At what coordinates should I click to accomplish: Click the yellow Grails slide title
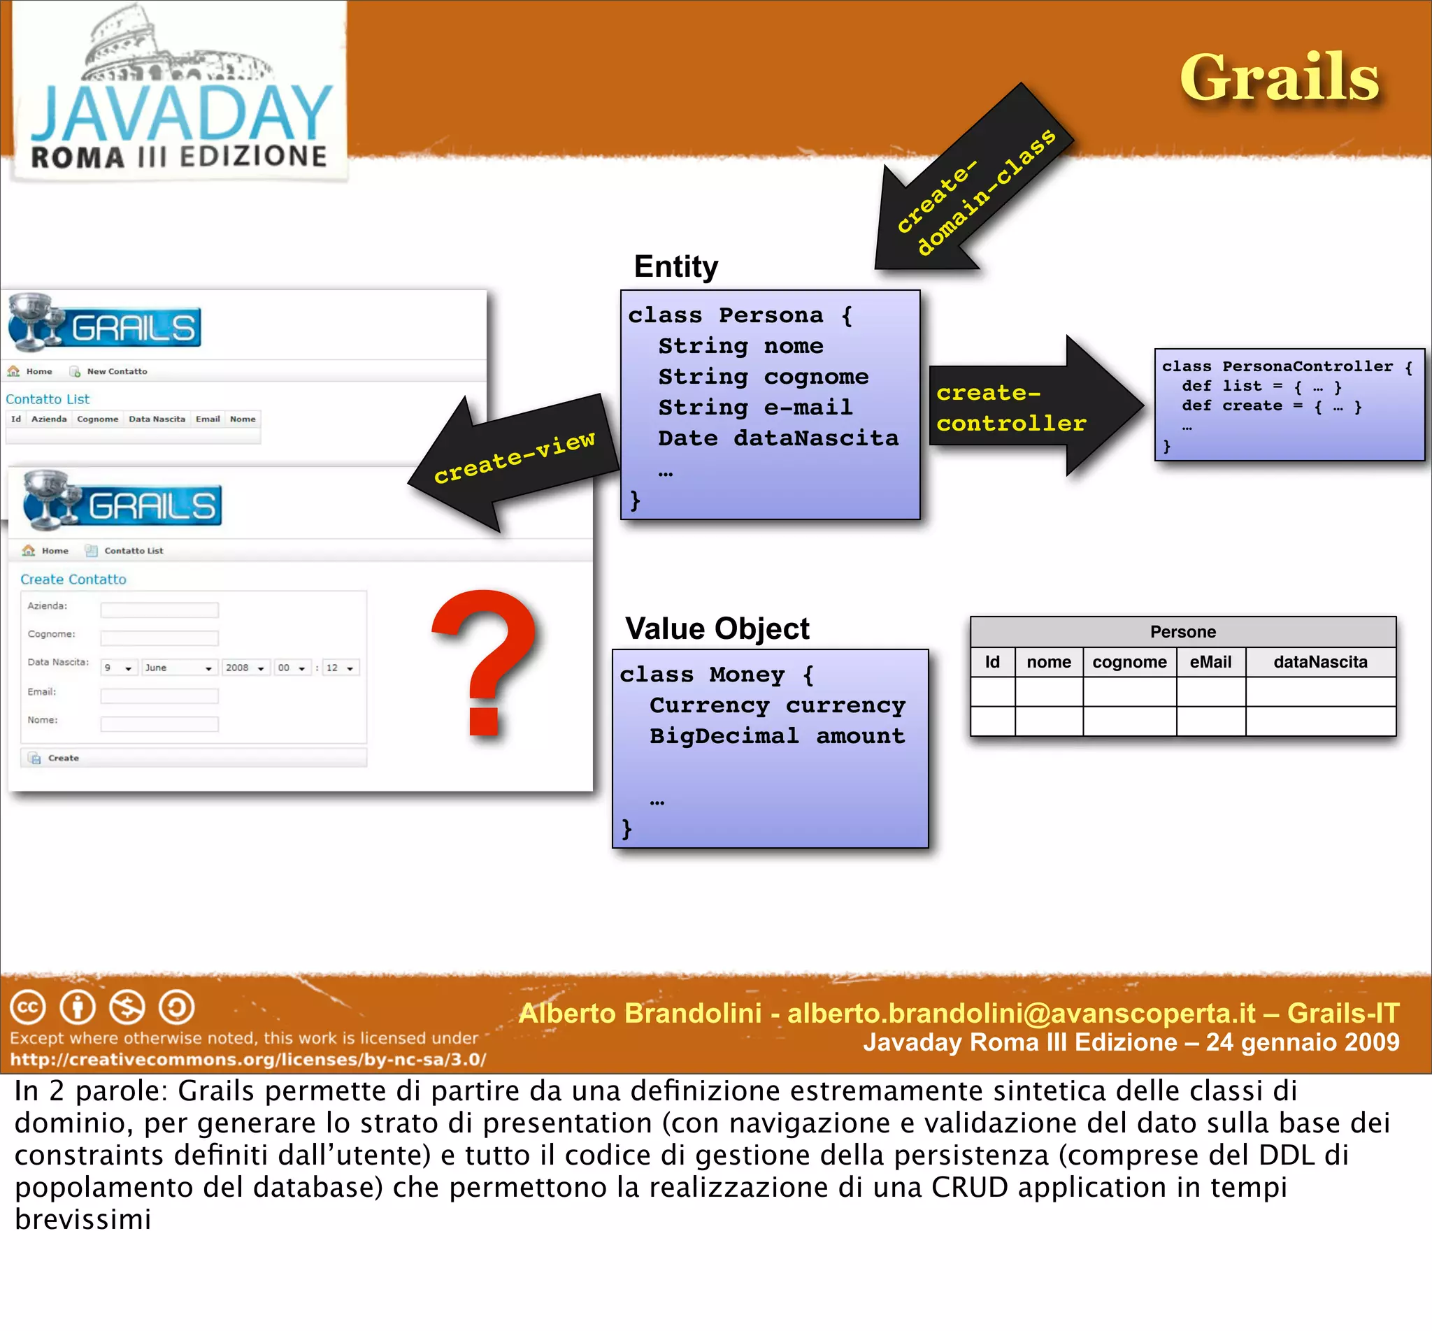pyautogui.click(x=1279, y=78)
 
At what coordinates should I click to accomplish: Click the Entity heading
pyautogui.click(x=675, y=266)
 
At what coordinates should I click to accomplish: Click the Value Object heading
pyautogui.click(x=717, y=628)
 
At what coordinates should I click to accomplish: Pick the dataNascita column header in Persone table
pyautogui.click(x=1319, y=662)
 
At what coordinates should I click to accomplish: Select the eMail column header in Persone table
pyautogui.click(x=1210, y=662)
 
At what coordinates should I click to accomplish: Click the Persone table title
pyautogui.click(x=1182, y=632)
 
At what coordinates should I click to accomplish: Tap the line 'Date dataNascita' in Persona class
pyautogui.click(x=778, y=438)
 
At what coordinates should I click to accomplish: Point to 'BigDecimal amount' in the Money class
pyautogui.click(x=777, y=735)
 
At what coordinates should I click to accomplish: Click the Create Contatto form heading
pyautogui.click(x=73, y=579)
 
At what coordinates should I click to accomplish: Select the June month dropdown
pyautogui.click(x=178, y=668)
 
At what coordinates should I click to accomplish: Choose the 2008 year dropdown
pyautogui.click(x=245, y=668)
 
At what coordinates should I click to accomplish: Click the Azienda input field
pyautogui.click(x=159, y=610)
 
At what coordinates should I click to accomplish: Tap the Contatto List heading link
pyautogui.click(x=48, y=399)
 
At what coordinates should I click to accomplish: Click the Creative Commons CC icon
pyautogui.click(x=27, y=1007)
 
